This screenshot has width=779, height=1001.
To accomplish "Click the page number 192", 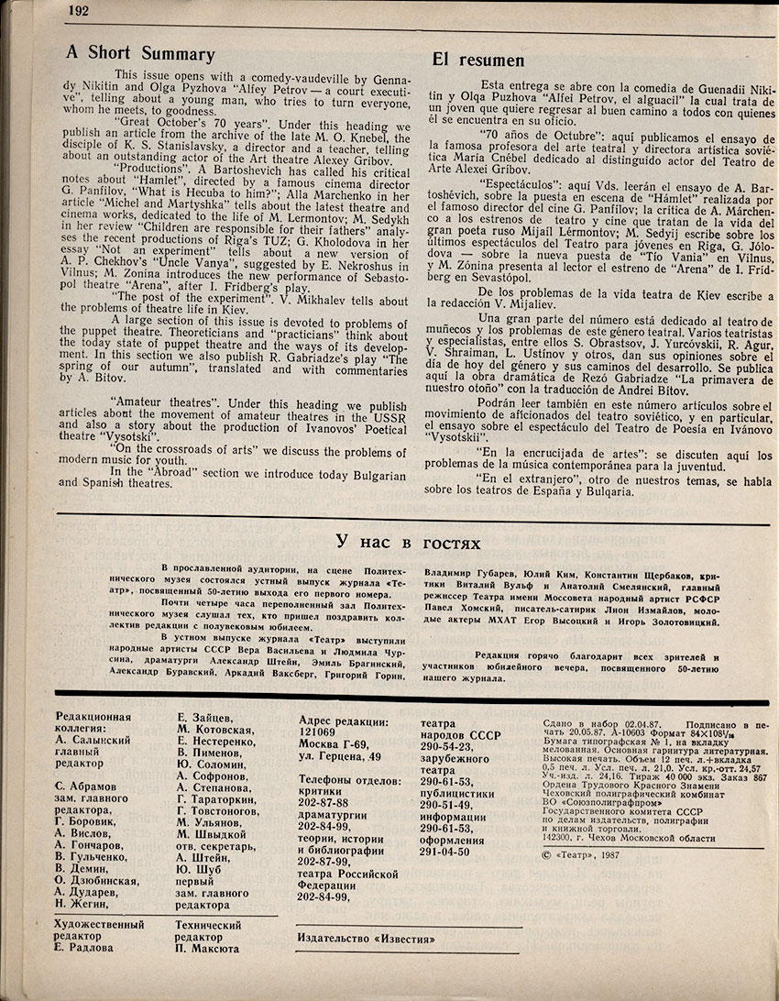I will tap(78, 11).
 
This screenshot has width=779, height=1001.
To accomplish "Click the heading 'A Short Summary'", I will tap(140, 54).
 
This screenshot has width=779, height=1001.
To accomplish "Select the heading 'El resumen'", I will tap(478, 60).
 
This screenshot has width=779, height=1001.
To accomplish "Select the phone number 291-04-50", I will tap(444, 851).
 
